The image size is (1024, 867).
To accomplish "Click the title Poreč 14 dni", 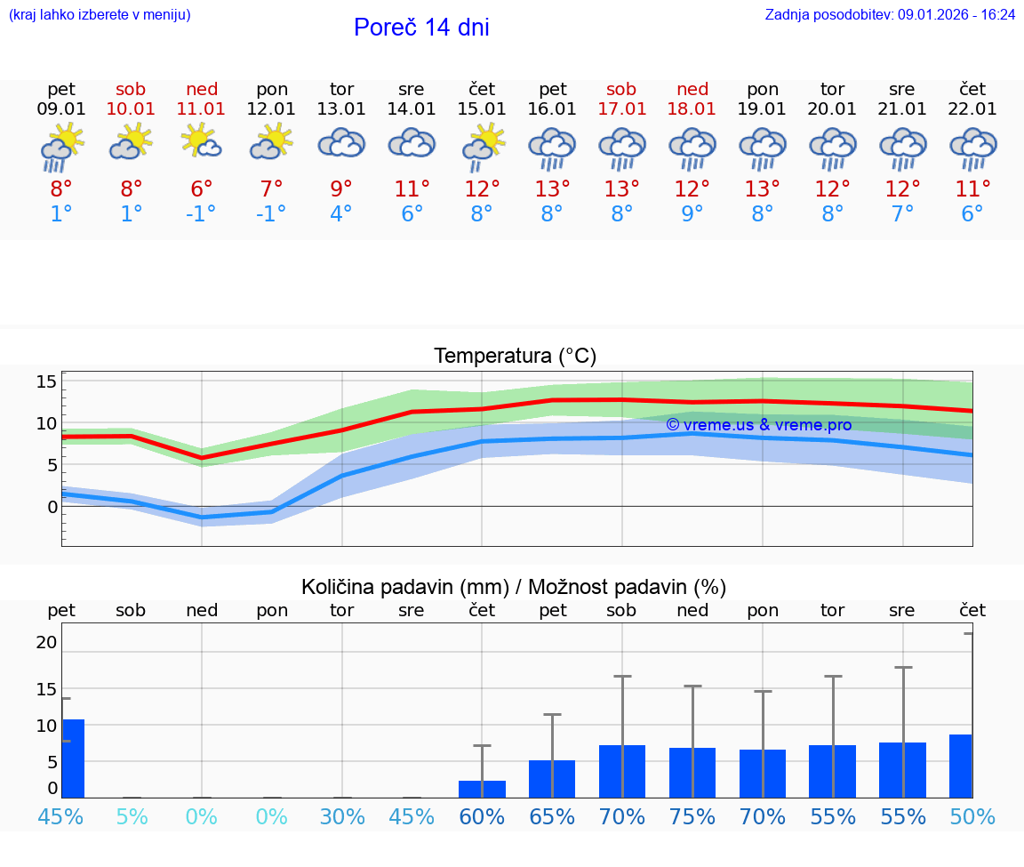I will pos(421,28).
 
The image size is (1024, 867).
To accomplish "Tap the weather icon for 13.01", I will pos(341,144).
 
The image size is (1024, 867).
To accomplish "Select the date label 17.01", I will pos(621,109).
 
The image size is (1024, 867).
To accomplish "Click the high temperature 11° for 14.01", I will pos(412,189).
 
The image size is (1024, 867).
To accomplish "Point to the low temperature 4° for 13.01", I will pos(341,214).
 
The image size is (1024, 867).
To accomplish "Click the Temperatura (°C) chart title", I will pos(515,357).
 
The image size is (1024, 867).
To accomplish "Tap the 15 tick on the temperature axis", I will pos(46,381).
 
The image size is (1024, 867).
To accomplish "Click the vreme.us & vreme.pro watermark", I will pos(758,425).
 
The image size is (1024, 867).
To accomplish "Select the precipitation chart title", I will pos(514,587).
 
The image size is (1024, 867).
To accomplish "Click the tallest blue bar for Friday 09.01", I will pos(73,759).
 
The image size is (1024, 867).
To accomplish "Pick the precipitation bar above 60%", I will pos(482,789).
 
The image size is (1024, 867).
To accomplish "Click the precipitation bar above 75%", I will pos(692,773).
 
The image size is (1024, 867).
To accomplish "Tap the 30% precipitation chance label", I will pos(342,816).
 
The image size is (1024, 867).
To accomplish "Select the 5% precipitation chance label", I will pos(132,816).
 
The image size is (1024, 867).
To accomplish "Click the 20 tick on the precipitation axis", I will pos(46,642).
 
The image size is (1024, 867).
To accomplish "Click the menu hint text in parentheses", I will pos(100,15).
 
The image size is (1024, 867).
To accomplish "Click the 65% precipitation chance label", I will pos(552,816).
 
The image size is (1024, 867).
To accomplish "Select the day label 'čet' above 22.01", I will pos(972,89).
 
